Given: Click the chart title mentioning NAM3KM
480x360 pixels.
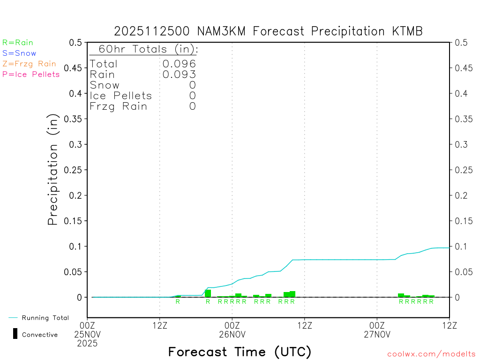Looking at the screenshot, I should click(x=268, y=31).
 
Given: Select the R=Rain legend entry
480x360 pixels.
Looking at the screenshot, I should click(x=18, y=43).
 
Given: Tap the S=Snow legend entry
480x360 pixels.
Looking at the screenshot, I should click(x=19, y=53).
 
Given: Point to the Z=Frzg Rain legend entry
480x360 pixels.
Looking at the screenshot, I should click(x=29, y=64).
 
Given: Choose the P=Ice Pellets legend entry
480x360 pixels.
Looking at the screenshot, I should click(x=31, y=74).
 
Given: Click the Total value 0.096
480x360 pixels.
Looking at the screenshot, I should click(x=179, y=64).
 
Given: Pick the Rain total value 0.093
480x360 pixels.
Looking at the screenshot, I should click(x=179, y=74).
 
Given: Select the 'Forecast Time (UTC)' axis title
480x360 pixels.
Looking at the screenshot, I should click(x=240, y=352).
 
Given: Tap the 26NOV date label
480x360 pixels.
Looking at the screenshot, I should click(x=232, y=334).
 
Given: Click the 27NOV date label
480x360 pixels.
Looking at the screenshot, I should click(x=377, y=334).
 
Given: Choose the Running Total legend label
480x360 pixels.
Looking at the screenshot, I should click(x=45, y=318).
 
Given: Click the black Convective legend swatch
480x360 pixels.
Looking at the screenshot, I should click(x=15, y=334).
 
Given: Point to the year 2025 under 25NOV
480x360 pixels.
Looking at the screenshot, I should click(x=87, y=343).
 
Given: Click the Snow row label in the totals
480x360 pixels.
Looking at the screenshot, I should click(x=105, y=85).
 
